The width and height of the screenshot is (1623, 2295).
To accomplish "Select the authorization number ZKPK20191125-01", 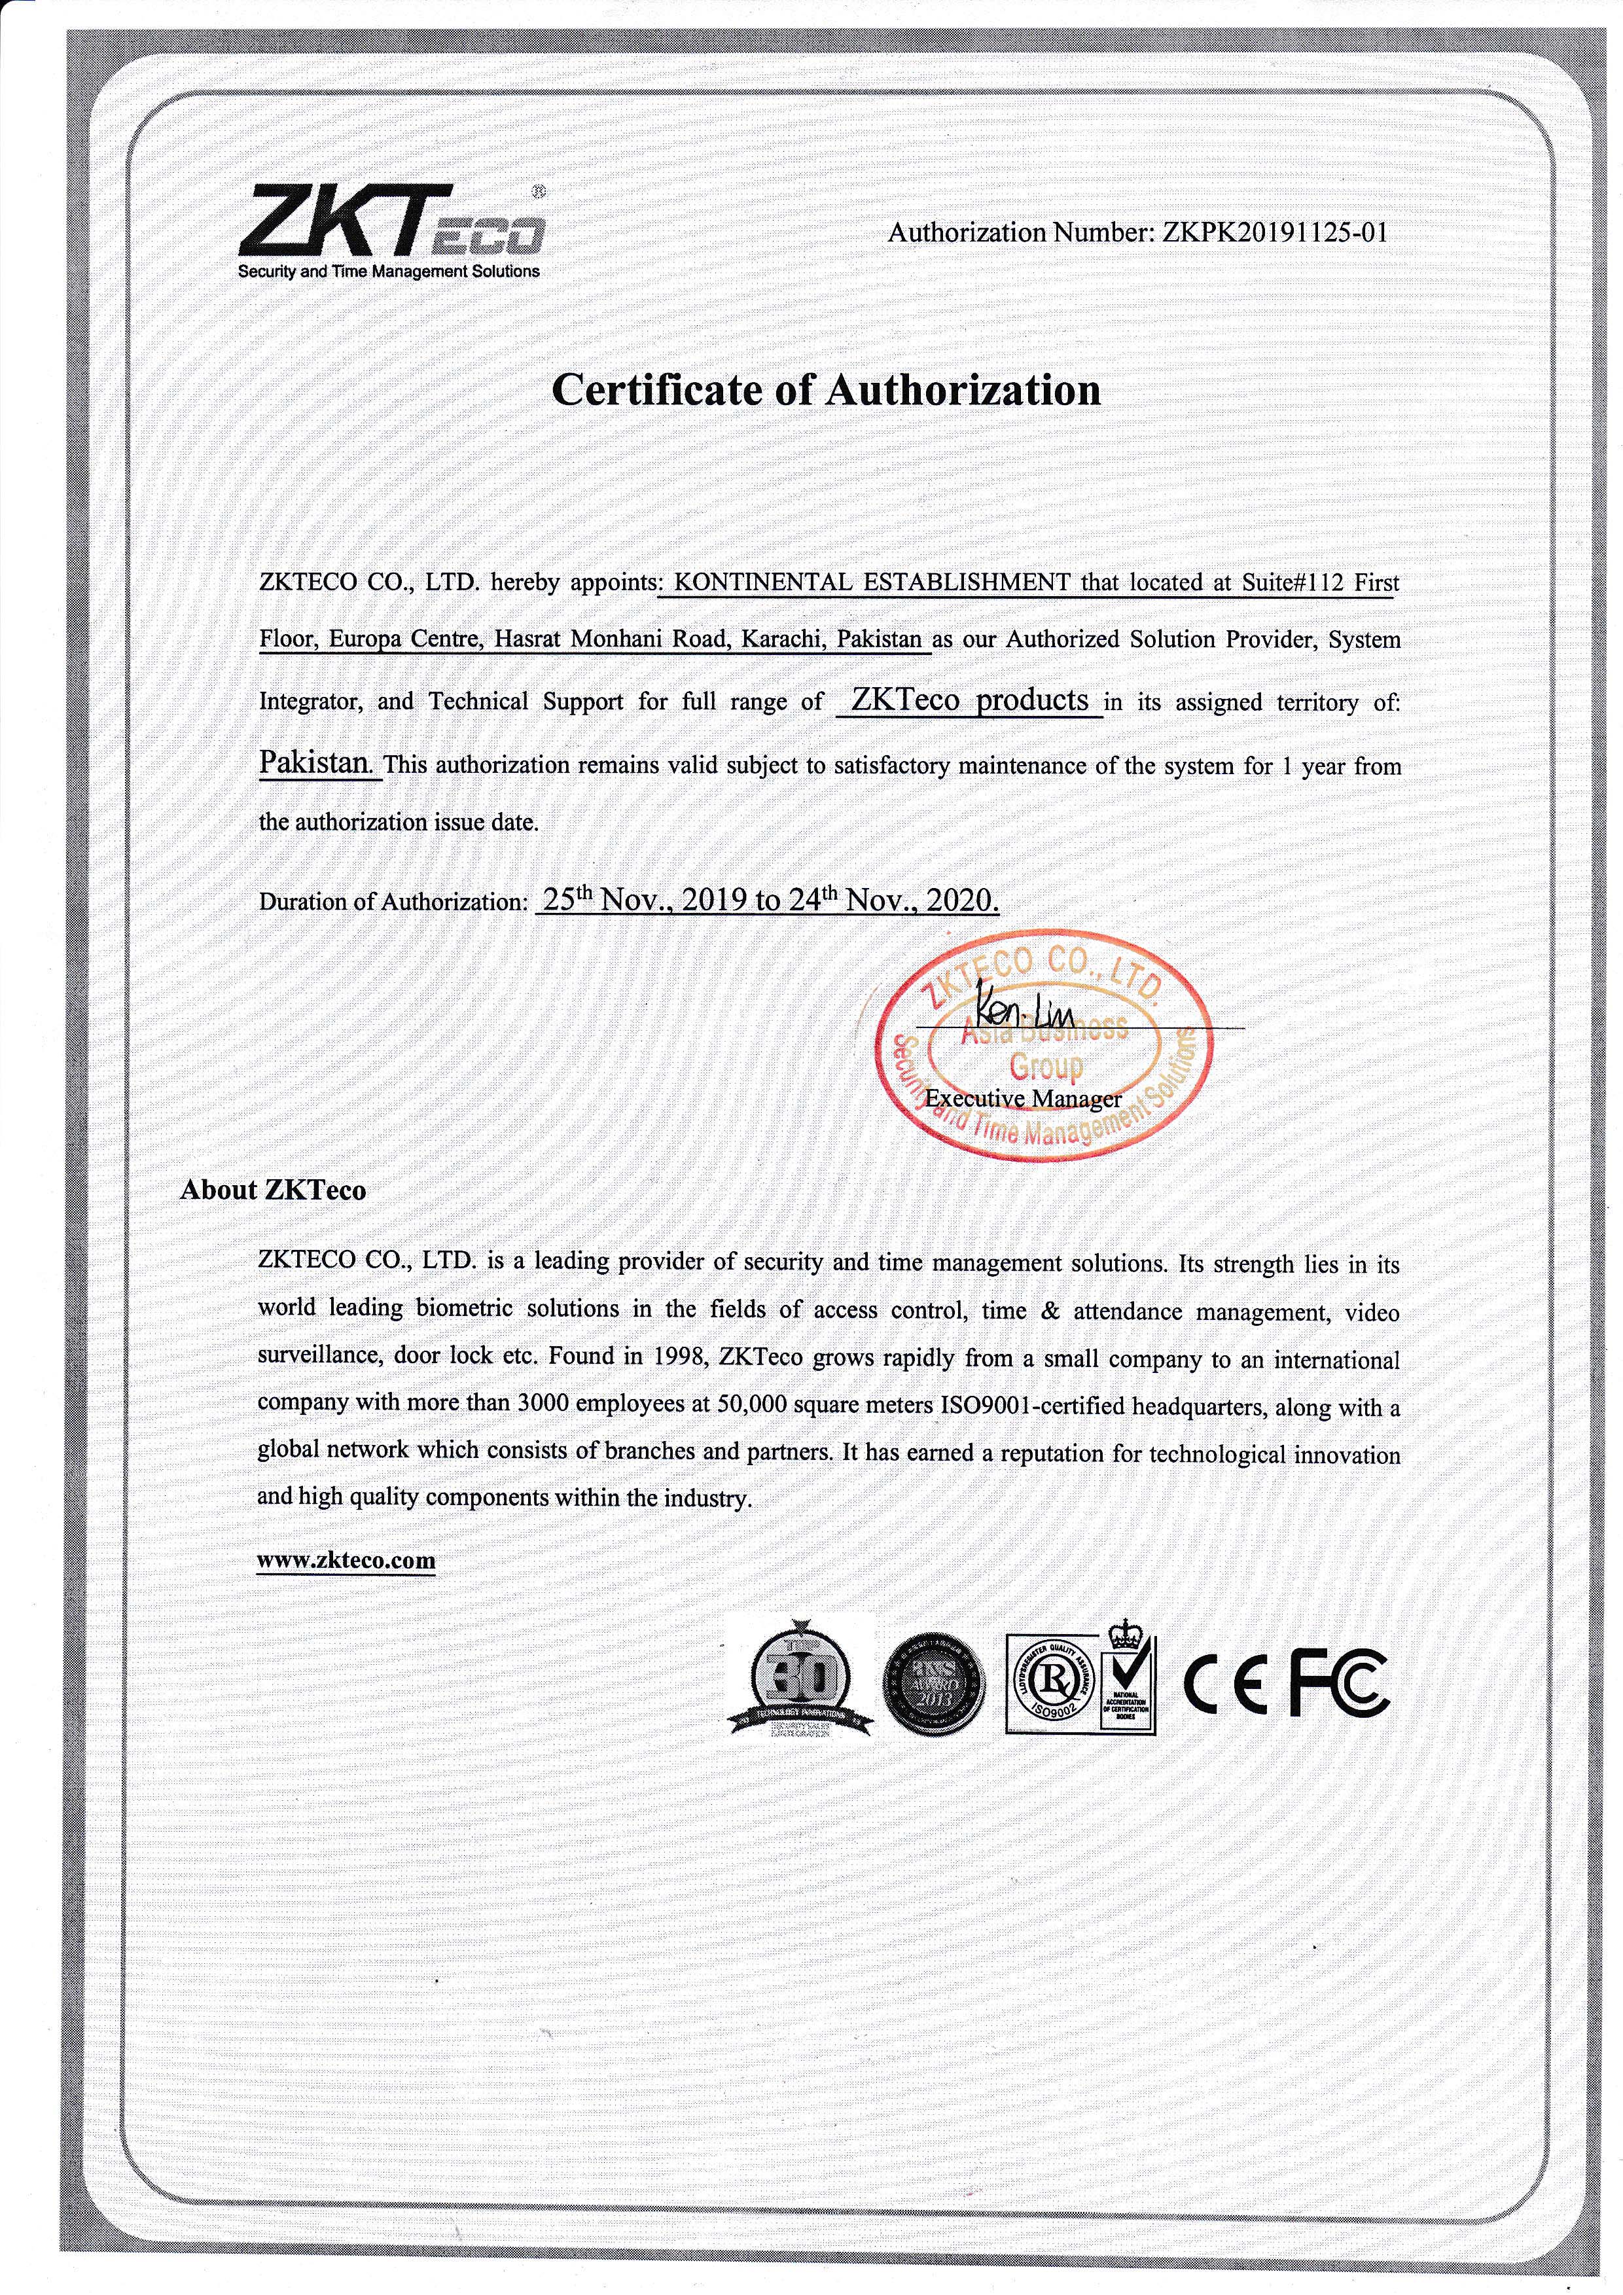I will pos(1274,233).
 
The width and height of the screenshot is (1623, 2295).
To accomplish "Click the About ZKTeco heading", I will pos(273,1190).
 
